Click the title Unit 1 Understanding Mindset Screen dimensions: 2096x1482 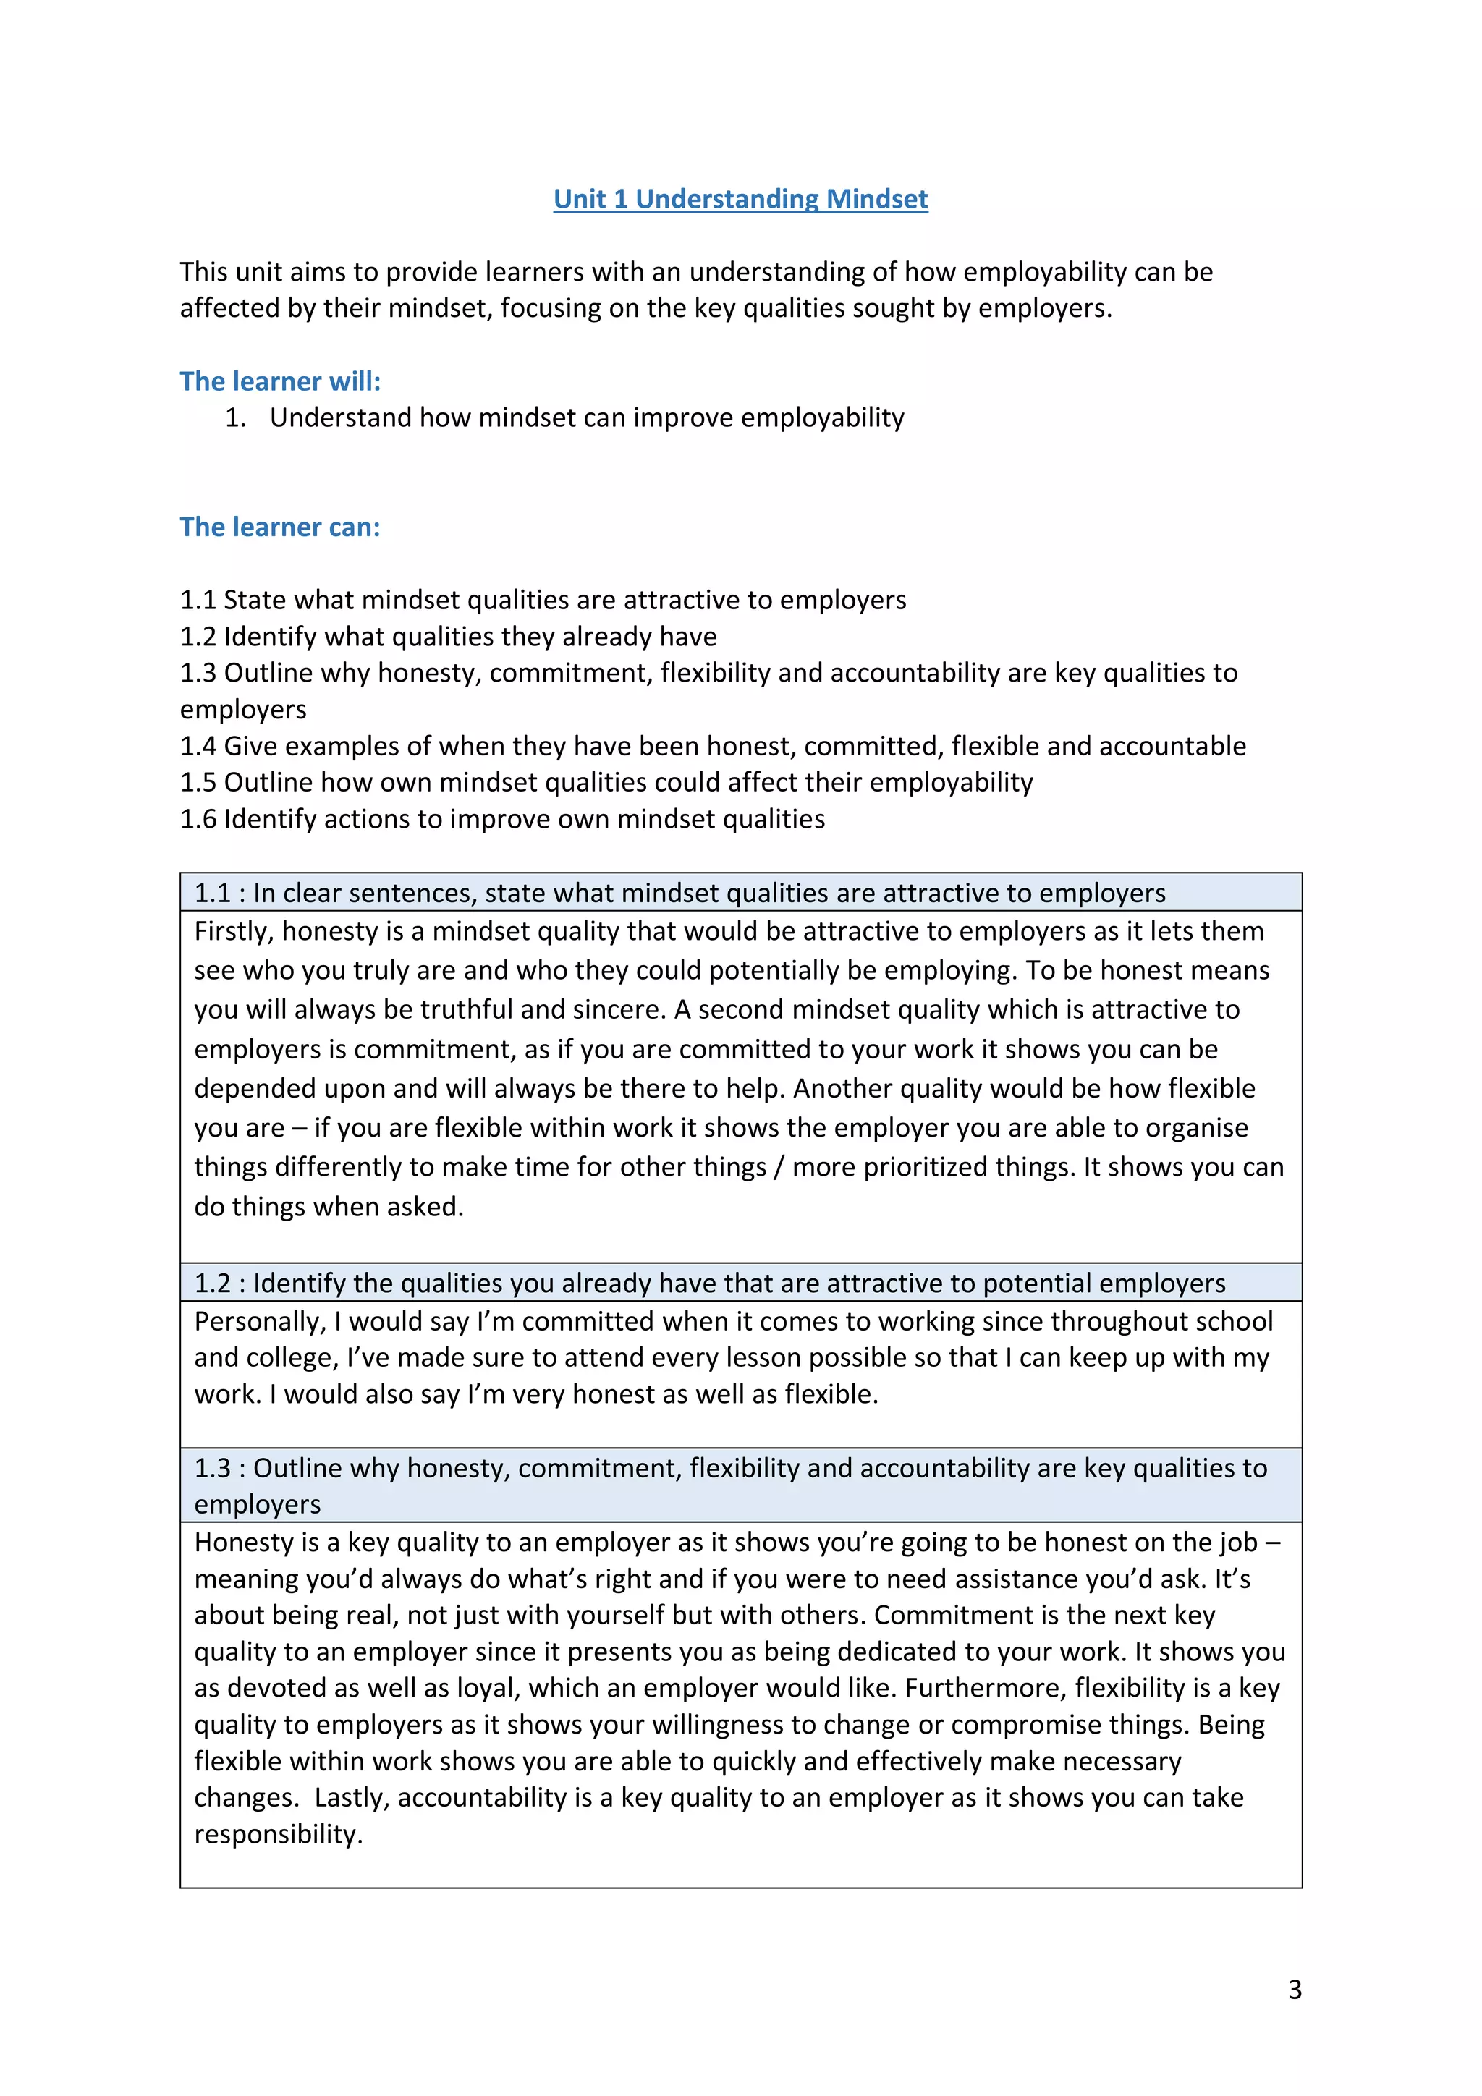pos(740,199)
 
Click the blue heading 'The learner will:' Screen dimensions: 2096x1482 pos(279,381)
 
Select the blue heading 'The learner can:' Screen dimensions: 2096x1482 pos(279,527)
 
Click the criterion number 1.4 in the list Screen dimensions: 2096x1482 pos(198,746)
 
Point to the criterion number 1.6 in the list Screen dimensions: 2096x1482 pos(198,819)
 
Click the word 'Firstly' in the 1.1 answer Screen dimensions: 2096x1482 pos(233,931)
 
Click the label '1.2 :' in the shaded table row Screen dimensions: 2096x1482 pos(219,1283)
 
